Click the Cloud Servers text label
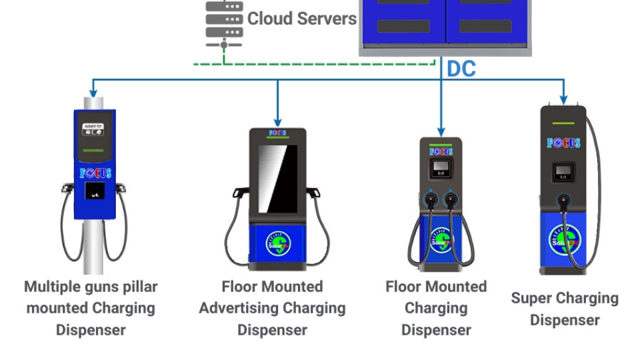pos(301,19)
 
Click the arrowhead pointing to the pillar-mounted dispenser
pos(93,91)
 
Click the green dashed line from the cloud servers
pos(313,64)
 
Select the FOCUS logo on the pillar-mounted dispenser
pos(95,173)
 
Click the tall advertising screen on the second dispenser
pos(277,176)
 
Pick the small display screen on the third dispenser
pos(439,167)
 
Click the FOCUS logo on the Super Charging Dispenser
pos(564,143)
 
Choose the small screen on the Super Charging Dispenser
pos(564,172)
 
